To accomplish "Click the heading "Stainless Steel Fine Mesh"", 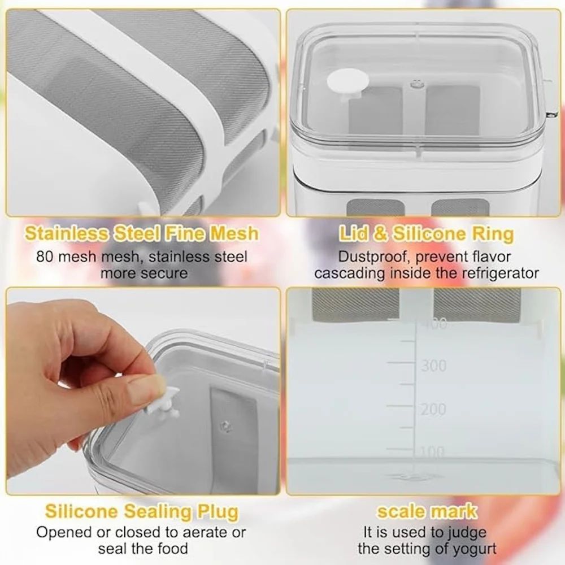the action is [x=142, y=233].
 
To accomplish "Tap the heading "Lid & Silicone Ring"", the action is [x=426, y=234].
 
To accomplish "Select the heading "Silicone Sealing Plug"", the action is [x=142, y=511].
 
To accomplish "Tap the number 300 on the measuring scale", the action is [x=433, y=366].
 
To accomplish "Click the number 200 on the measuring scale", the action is [x=433, y=409].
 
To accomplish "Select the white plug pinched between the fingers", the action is [x=162, y=400].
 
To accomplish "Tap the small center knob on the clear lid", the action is [x=415, y=84].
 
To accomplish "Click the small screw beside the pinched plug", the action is [x=226, y=426].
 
